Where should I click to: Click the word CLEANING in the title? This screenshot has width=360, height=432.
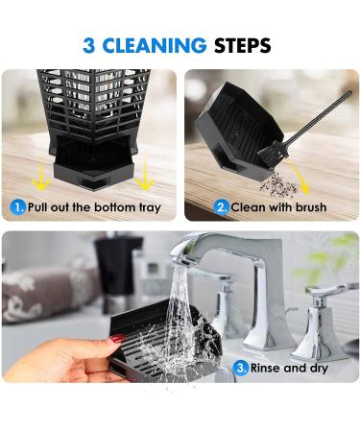155,45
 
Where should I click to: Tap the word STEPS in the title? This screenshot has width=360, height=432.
242,45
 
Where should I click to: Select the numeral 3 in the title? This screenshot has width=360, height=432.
89,45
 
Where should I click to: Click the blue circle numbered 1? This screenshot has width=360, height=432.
18,207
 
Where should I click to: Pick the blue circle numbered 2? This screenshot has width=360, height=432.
222,207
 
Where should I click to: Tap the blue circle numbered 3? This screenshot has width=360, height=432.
241,368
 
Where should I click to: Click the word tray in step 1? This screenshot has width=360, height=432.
150,208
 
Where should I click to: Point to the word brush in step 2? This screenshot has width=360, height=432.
311,207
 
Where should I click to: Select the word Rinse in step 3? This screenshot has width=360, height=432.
265,368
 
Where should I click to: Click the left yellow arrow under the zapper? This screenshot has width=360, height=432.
41,176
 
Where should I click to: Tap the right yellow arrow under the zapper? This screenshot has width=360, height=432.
145,174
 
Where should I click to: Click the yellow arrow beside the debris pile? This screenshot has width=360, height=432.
300,178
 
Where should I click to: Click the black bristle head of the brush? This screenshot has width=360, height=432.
273,156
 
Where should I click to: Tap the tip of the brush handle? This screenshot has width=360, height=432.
349,93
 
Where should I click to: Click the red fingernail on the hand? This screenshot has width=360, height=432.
116,339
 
